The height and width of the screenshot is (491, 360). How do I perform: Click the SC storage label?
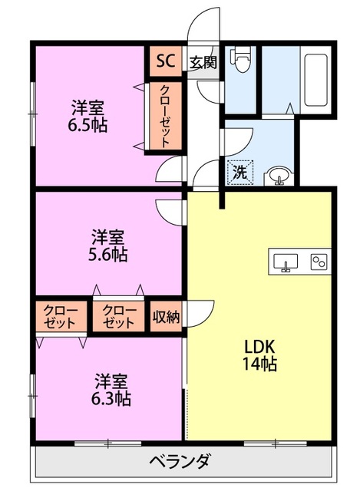166,61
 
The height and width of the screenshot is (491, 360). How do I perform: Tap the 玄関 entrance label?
203,63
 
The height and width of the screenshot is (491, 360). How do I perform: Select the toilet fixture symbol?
240,59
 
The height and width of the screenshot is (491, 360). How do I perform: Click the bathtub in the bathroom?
316,81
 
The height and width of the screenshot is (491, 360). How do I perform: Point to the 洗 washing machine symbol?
239,173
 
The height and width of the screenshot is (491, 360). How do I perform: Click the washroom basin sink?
278,177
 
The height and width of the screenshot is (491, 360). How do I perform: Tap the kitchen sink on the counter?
286,262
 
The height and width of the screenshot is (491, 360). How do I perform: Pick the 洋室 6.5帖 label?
88,116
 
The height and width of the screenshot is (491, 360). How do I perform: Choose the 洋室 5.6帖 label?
108,245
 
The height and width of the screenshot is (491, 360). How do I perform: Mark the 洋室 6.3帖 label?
111,390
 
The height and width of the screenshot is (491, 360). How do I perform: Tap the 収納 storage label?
166,317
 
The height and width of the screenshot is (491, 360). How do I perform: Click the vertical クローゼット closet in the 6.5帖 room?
165,116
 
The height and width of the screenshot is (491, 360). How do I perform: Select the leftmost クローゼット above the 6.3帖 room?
61,316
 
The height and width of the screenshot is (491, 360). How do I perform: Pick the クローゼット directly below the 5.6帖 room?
118,316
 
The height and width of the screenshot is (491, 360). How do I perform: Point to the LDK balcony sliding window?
275,443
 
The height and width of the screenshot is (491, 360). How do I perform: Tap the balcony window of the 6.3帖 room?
107,443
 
